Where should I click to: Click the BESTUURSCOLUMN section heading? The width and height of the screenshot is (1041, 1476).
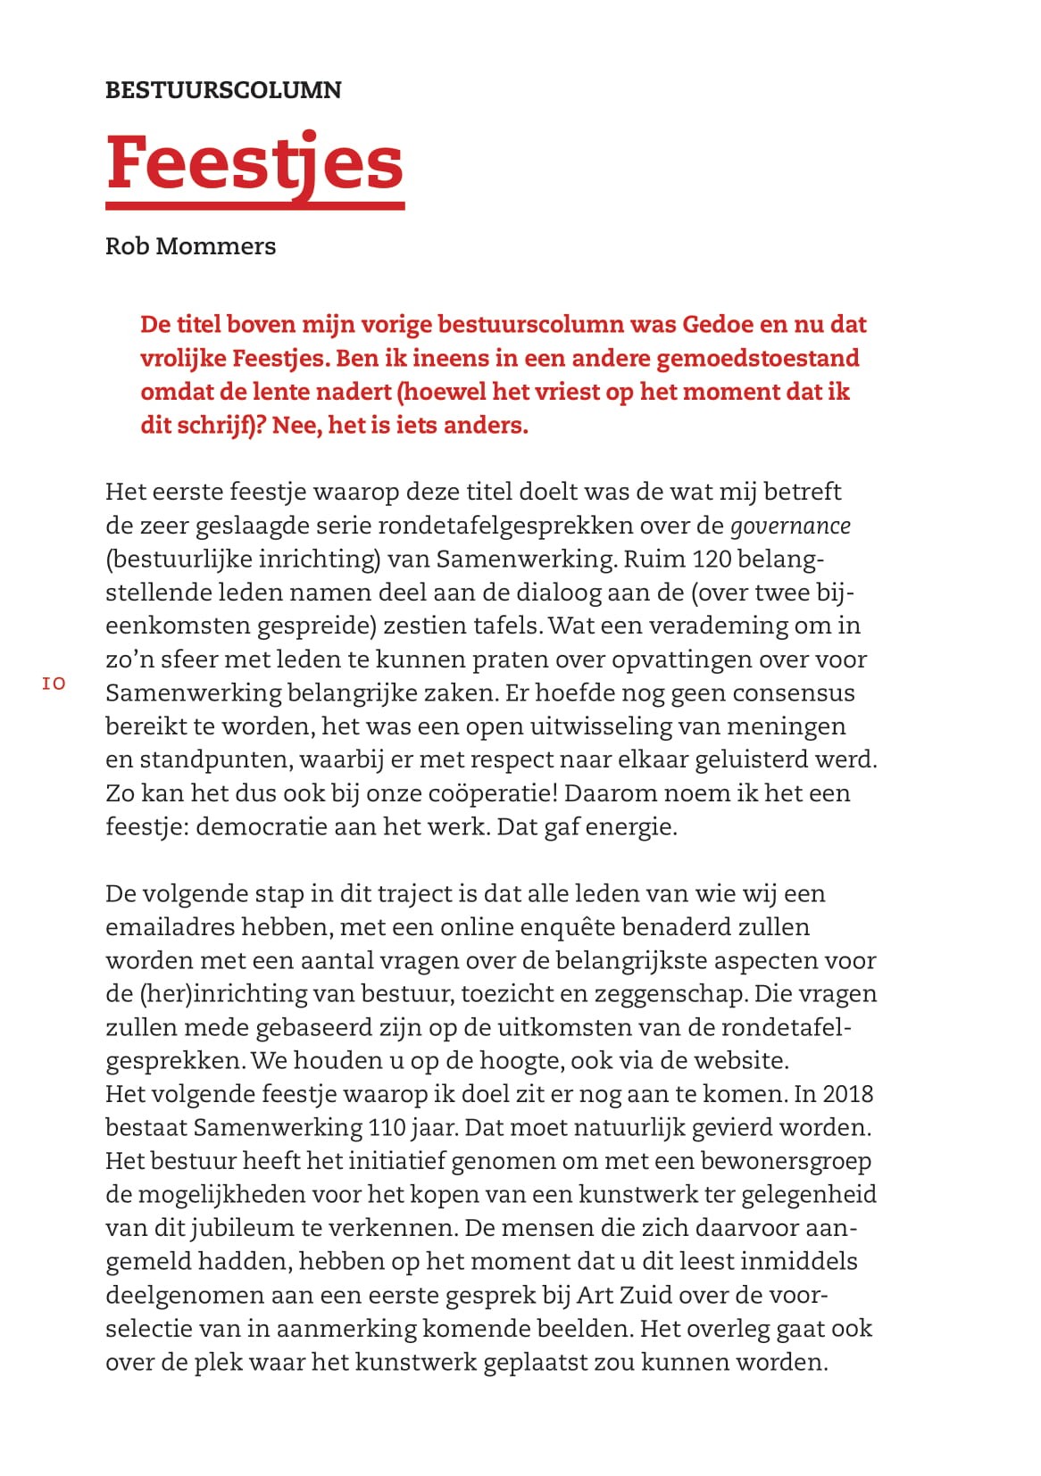(223, 90)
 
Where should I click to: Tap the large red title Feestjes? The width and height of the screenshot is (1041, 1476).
(254, 163)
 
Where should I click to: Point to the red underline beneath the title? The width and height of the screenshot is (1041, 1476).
(254, 206)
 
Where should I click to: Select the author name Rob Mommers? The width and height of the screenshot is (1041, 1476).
(190, 246)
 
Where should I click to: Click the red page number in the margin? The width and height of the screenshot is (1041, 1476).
(54, 684)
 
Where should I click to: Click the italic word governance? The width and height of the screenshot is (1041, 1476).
(790, 526)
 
